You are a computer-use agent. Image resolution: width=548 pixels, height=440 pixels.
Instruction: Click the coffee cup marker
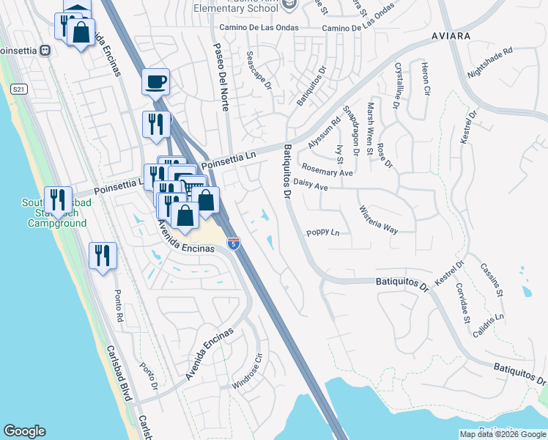155,81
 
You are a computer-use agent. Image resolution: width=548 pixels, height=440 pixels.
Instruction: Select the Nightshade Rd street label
490,64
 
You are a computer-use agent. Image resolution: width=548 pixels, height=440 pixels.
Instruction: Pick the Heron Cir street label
425,80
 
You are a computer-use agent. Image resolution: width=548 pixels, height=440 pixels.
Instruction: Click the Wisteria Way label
379,219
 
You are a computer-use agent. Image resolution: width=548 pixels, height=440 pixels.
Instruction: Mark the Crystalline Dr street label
396,85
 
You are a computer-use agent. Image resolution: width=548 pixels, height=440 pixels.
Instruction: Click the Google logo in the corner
24,431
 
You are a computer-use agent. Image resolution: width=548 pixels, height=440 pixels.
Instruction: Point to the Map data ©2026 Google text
503,434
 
